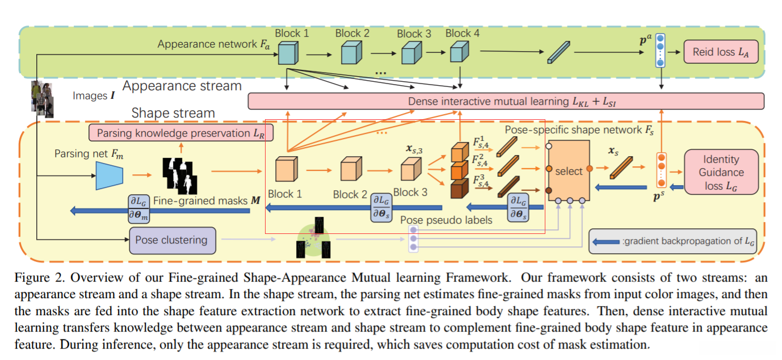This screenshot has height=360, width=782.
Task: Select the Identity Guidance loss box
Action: point(721,171)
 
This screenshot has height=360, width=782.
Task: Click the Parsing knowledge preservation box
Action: point(181,133)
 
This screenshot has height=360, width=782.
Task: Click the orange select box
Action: point(568,171)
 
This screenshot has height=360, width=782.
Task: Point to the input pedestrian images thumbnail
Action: point(41,99)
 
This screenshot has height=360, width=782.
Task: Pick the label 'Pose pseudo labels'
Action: point(446,220)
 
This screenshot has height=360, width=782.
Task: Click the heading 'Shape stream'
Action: point(173,113)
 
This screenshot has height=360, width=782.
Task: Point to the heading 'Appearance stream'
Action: point(182,86)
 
